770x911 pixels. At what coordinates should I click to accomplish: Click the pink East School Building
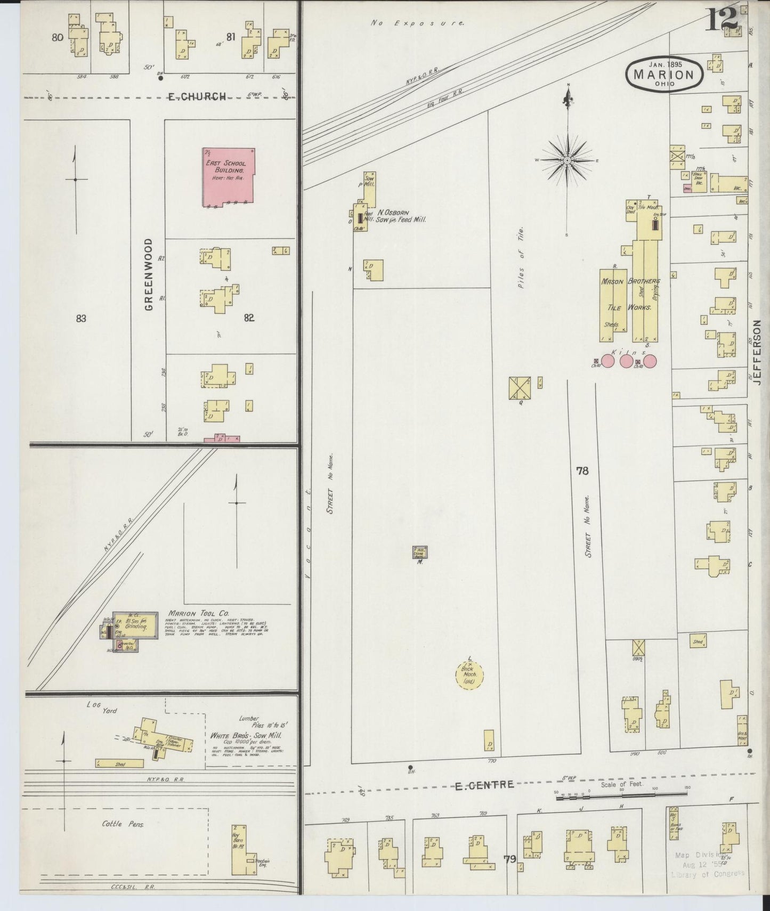pyautogui.click(x=228, y=177)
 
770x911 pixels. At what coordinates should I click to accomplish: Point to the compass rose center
pyautogui.click(x=568, y=160)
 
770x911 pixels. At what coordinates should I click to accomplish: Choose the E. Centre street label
pyautogui.click(x=484, y=784)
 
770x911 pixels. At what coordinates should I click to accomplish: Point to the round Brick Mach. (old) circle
pyautogui.click(x=469, y=676)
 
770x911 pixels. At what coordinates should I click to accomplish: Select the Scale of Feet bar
pyautogui.click(x=621, y=793)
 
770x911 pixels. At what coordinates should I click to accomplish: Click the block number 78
pyautogui.click(x=582, y=471)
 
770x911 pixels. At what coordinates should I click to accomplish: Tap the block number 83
pyautogui.click(x=81, y=319)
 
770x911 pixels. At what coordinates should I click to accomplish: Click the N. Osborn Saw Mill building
pyautogui.click(x=369, y=184)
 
